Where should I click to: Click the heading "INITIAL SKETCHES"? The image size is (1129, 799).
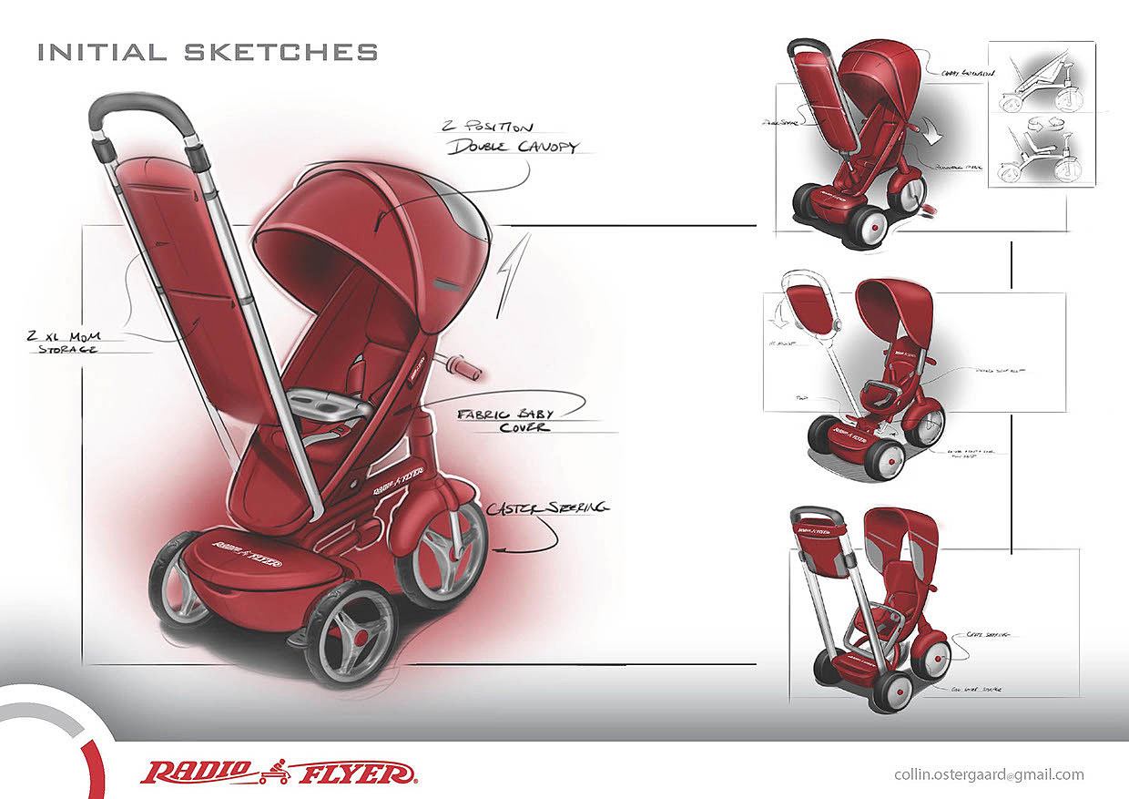[208, 52]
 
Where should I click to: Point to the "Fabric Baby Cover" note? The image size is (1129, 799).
[506, 419]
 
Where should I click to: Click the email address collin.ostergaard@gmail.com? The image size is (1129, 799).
[989, 775]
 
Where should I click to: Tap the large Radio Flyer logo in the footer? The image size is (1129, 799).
[278, 773]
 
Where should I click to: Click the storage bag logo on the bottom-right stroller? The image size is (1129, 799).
[818, 529]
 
